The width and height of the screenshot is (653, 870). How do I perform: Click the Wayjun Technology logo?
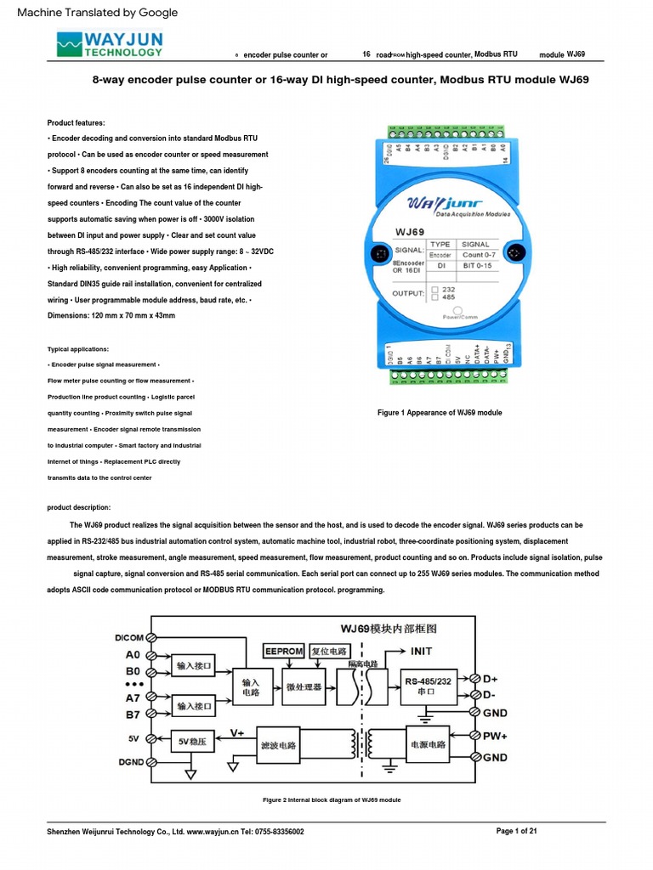tap(108, 43)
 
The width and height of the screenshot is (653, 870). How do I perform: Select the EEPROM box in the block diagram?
tap(283, 651)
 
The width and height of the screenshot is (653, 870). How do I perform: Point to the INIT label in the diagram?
tap(421, 651)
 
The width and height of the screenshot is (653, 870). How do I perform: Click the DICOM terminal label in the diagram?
tap(129, 637)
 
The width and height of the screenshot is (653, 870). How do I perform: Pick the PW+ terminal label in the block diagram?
tap(496, 736)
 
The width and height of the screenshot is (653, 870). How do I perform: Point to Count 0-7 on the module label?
tap(481, 254)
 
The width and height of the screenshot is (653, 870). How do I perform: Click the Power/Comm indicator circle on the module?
tap(457, 311)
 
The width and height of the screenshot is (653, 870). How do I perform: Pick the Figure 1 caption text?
tap(439, 413)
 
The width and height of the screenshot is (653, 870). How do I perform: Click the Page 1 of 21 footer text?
tap(516, 831)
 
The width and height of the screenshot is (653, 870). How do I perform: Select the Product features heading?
tap(77, 122)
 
